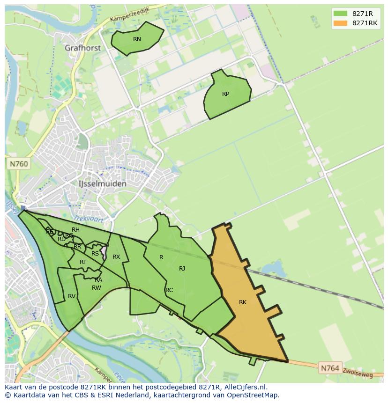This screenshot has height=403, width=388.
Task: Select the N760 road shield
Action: pyautogui.click(x=18, y=164)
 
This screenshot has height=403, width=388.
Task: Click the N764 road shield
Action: pyautogui.click(x=330, y=368)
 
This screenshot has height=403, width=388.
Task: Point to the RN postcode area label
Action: pyautogui.click(x=137, y=39)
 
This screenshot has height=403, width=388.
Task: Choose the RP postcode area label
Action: pyautogui.click(x=225, y=94)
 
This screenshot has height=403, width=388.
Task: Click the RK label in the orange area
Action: pyautogui.click(x=242, y=302)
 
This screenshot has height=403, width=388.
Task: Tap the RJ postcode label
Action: pyautogui.click(x=182, y=269)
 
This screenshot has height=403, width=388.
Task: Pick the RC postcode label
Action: pyautogui.click(x=169, y=290)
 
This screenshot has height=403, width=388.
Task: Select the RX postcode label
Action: pyautogui.click(x=116, y=257)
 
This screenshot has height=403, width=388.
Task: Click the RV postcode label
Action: pyautogui.click(x=72, y=296)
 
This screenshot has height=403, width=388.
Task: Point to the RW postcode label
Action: pyautogui.click(x=97, y=288)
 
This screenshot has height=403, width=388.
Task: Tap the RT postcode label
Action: pyautogui.click(x=83, y=262)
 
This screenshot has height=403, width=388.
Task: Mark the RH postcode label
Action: pyautogui.click(x=75, y=230)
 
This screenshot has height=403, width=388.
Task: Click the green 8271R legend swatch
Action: pyautogui.click(x=340, y=13)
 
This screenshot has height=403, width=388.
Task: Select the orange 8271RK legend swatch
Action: pyautogui.click(x=340, y=23)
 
